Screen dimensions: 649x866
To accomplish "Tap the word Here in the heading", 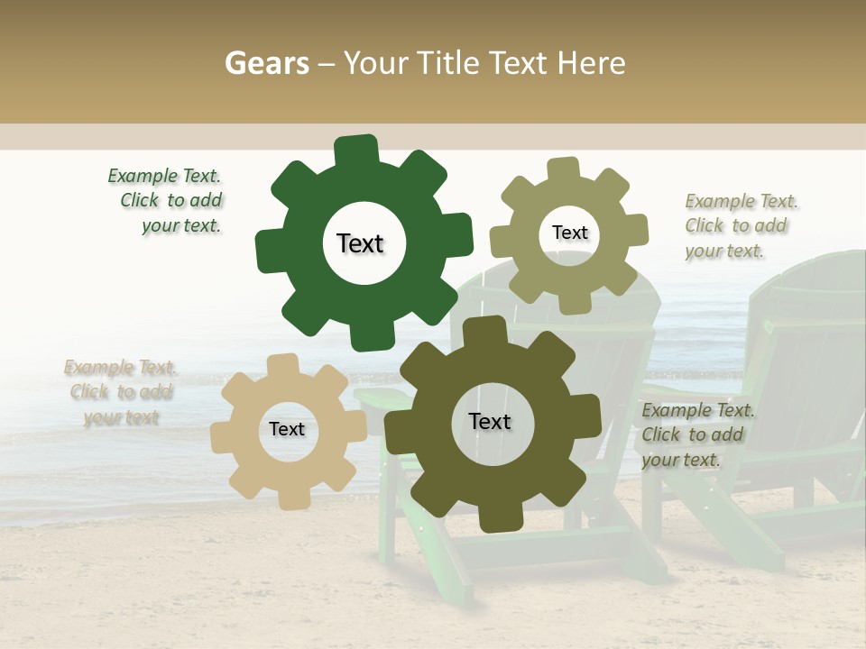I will click(592, 63).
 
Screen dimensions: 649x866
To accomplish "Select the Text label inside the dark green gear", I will click(360, 243).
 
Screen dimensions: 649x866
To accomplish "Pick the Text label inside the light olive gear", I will click(569, 233).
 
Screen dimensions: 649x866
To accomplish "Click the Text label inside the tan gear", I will click(287, 430).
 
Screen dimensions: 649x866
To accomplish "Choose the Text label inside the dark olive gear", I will click(490, 422).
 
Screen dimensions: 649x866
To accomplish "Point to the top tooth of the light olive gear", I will click(564, 169).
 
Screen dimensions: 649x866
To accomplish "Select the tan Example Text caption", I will click(120, 392).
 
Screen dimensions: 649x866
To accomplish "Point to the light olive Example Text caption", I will click(740, 226).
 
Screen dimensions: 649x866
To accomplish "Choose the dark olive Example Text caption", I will click(696, 435).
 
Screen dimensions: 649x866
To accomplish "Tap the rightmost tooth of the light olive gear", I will click(636, 230).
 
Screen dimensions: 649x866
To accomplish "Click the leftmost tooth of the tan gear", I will click(222, 437).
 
